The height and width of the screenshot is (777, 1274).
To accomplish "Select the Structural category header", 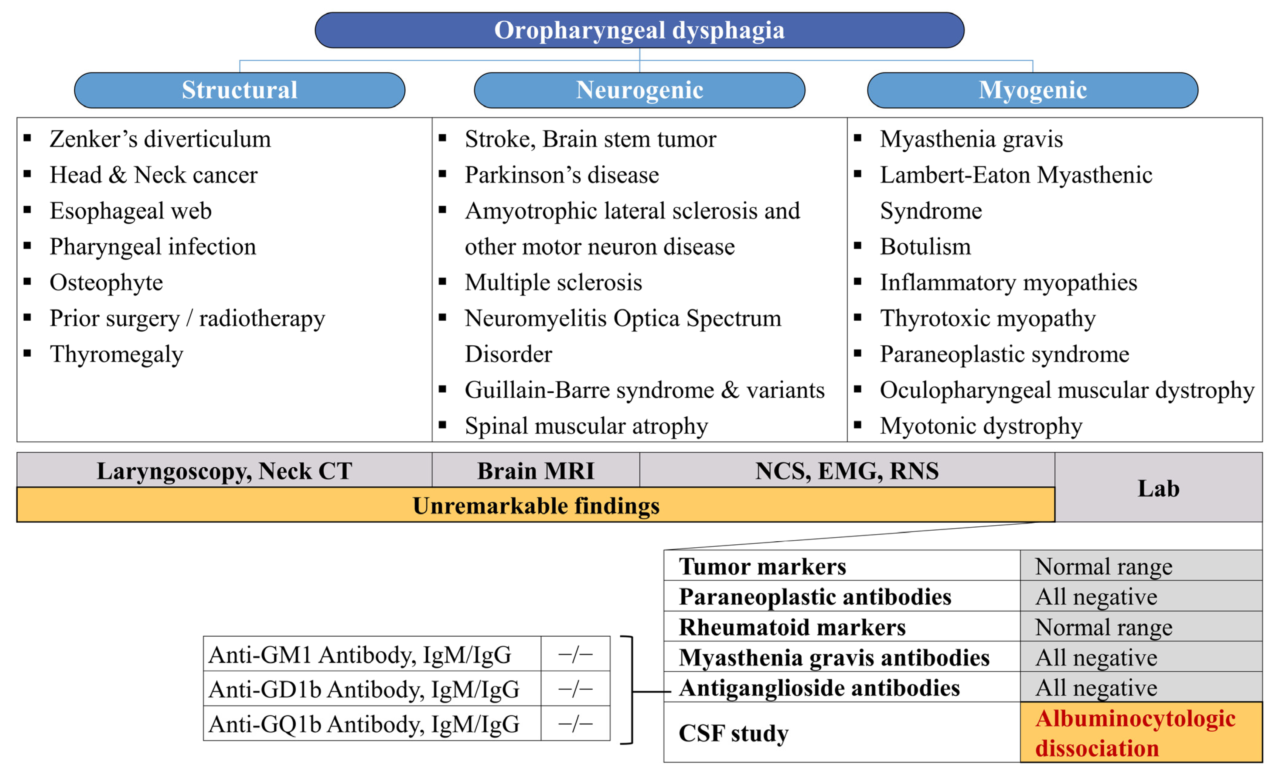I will point(239,90).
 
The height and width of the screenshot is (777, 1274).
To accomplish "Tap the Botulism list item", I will point(925,247).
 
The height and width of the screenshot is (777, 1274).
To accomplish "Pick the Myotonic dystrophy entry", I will point(981,426).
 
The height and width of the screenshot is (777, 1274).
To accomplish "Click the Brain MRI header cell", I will point(536,471).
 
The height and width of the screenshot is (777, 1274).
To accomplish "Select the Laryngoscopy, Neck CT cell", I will point(224,471).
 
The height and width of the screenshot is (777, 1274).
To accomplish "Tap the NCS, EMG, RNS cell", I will point(846,471).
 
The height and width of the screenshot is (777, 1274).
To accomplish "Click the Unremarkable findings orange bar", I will point(536,505).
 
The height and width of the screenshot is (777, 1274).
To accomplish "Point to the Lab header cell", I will point(1158,488).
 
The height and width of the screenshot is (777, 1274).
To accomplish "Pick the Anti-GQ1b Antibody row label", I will point(363,724).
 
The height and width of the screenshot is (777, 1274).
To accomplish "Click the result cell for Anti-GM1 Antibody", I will point(575,654).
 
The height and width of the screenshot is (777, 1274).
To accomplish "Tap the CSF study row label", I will point(733,733).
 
